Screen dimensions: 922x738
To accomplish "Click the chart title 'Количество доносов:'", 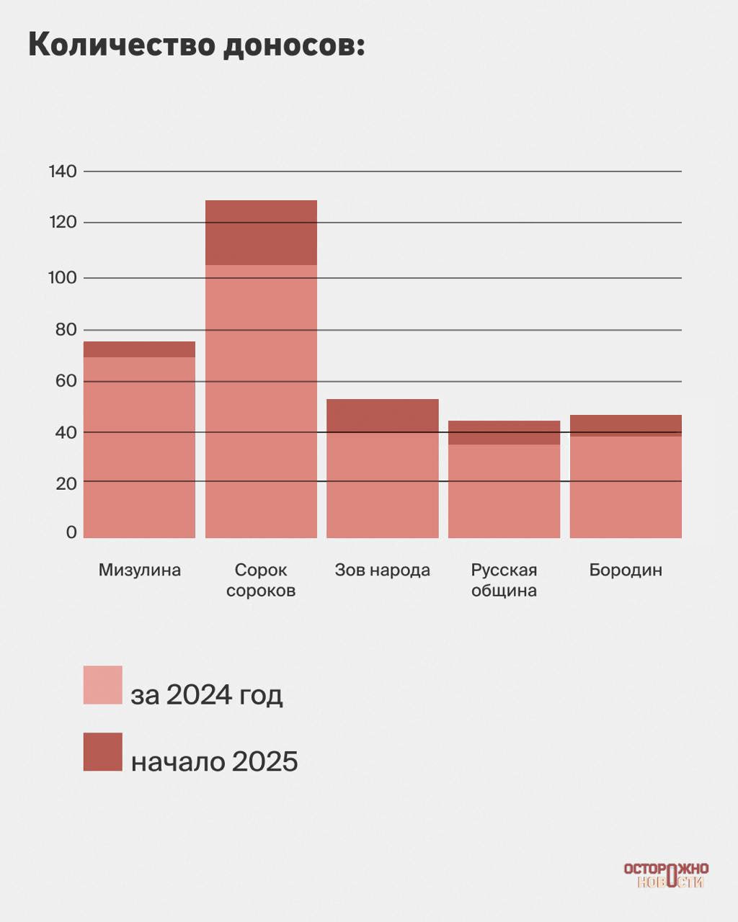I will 196,45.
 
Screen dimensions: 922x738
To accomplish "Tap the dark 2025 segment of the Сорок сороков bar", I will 261,233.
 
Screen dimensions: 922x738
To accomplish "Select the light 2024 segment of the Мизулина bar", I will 139,447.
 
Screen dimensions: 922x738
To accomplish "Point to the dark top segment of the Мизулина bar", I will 139,349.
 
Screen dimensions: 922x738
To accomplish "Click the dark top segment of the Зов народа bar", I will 382,416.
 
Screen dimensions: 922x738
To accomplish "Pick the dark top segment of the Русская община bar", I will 504,432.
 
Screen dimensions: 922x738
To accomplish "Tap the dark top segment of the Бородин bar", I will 626,426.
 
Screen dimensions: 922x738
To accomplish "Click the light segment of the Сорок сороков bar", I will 261,400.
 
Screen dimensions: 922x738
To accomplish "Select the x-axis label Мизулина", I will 140,570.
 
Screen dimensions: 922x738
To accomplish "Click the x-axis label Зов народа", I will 382,570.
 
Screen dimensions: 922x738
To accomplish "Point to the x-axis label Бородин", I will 626,570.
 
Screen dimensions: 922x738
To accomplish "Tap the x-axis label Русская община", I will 504,580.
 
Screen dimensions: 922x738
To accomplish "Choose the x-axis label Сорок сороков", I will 261,580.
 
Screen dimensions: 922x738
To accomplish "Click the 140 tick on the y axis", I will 63,171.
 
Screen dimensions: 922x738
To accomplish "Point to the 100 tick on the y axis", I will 63,277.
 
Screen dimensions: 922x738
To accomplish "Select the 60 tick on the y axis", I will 66,380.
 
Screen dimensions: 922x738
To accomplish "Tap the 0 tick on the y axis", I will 71,532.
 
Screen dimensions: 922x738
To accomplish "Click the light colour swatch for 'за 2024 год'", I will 102,684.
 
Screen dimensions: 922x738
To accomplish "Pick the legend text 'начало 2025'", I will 214,761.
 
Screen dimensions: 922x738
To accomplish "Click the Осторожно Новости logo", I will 666,875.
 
